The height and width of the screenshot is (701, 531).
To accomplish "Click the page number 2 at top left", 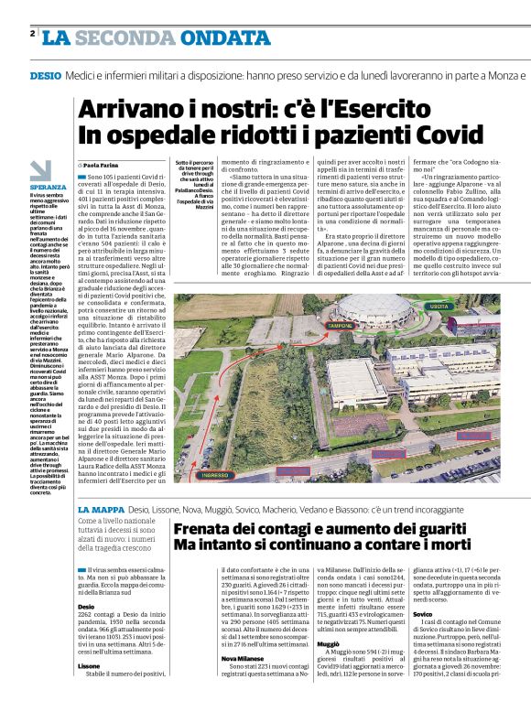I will [x=32, y=34].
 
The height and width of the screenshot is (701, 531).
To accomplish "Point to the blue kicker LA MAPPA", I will [x=101, y=508].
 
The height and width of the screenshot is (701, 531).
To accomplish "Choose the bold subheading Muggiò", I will [x=328, y=643].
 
